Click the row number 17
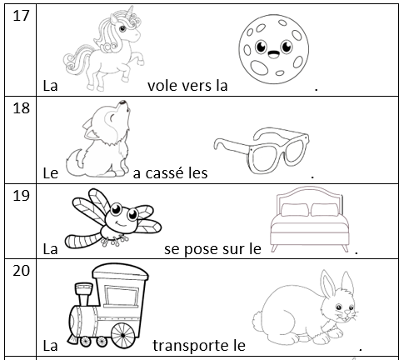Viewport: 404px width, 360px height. coord(21,16)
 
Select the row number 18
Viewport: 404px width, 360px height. coord(21,107)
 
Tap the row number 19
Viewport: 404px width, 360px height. coord(21,195)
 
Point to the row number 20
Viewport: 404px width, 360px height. coord(21,270)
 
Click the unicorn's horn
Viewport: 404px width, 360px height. coord(130,12)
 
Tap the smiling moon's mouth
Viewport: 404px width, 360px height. coord(273,54)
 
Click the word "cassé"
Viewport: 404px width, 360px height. coord(162,172)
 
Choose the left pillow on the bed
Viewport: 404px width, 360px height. coord(294,210)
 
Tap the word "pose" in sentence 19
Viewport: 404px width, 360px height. coord(198,249)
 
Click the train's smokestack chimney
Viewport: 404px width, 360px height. coord(83,294)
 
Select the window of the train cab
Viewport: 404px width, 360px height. coord(122,297)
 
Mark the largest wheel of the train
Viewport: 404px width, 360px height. coord(122,336)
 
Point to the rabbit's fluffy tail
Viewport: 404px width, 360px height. coord(258,321)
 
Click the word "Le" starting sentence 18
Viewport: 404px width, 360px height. coord(51,173)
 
